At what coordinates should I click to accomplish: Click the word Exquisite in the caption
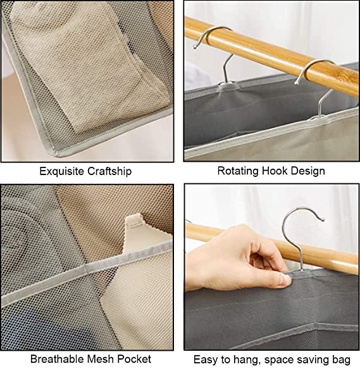point(61,171)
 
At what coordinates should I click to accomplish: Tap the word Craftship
point(109,171)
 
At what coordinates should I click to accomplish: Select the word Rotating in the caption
point(238,171)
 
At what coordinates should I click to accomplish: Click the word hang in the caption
point(245,360)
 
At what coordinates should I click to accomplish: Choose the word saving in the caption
point(312,360)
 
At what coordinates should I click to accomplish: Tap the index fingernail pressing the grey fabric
point(285,280)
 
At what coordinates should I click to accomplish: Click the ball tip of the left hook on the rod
point(195,47)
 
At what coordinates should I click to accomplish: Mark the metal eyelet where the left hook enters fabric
point(226,84)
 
